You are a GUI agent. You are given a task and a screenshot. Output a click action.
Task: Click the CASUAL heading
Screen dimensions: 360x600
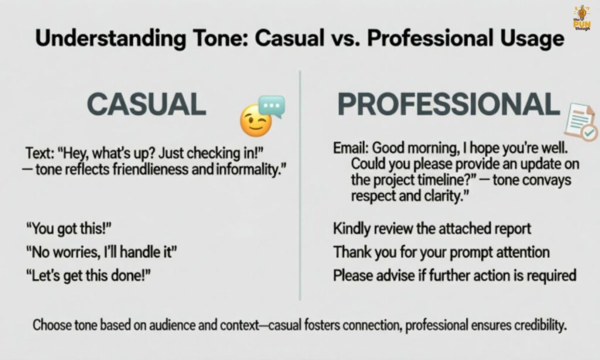point(146,104)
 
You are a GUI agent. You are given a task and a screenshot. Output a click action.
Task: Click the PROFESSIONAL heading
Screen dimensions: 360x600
point(448,104)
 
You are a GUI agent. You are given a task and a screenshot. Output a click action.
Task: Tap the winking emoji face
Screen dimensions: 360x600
point(255,121)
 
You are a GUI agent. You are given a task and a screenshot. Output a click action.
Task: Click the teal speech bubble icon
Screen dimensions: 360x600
point(272,107)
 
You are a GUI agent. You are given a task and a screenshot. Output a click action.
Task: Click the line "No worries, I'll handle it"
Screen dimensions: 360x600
point(101,253)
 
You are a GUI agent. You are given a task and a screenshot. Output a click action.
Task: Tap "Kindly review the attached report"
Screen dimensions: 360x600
point(432,229)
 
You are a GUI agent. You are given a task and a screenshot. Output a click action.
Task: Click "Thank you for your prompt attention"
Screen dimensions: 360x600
point(441,252)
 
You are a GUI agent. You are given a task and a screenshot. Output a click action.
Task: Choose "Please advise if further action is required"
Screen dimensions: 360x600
point(455,275)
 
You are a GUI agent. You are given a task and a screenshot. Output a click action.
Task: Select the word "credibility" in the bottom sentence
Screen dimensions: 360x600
point(537,325)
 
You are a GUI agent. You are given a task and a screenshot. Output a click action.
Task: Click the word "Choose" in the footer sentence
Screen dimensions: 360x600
point(52,325)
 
